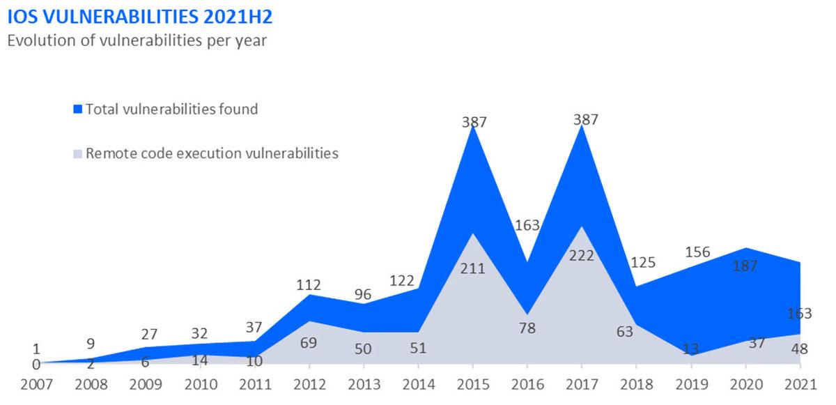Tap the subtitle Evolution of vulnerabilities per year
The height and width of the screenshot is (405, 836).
[x=137, y=40]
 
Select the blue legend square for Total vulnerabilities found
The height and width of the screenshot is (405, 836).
[x=78, y=109]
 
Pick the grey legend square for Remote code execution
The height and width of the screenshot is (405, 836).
[x=78, y=153]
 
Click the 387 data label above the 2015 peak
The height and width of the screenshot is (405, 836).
[x=474, y=122]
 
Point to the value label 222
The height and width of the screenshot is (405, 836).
[x=582, y=256]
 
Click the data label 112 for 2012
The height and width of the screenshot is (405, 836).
[x=308, y=284]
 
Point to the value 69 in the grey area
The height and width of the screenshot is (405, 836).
[x=308, y=342]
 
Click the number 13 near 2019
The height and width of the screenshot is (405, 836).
[x=690, y=349]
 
